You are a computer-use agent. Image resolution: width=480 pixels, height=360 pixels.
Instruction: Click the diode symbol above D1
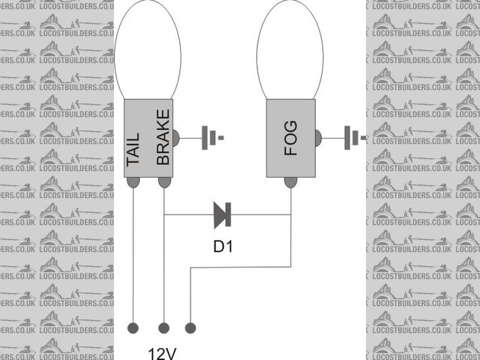coord(222,215)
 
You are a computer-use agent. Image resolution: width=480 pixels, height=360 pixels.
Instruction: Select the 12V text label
coord(163,352)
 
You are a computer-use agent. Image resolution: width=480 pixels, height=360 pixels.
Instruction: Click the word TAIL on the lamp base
coord(133,148)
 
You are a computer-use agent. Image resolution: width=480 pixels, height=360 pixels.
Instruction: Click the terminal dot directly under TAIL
coord(133,182)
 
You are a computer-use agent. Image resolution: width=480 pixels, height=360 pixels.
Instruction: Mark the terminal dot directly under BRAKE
coord(163,182)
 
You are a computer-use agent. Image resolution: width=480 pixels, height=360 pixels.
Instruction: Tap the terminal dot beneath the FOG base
coord(290,182)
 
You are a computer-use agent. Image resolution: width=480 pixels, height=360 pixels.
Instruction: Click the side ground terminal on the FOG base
coord(318,138)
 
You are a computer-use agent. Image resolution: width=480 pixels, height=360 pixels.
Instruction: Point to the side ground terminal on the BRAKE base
coord(176,138)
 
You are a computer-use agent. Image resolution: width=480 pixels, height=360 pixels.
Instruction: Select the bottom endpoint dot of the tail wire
coord(133,328)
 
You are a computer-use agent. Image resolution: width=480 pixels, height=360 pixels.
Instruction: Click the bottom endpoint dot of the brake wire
coord(163,328)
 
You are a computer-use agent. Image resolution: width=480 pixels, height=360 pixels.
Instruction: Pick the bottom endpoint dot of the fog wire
coord(190,328)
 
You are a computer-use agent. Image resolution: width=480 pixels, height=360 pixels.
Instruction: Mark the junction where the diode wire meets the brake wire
coord(163,215)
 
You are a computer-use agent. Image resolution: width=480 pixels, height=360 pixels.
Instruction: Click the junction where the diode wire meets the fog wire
coord(290,215)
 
